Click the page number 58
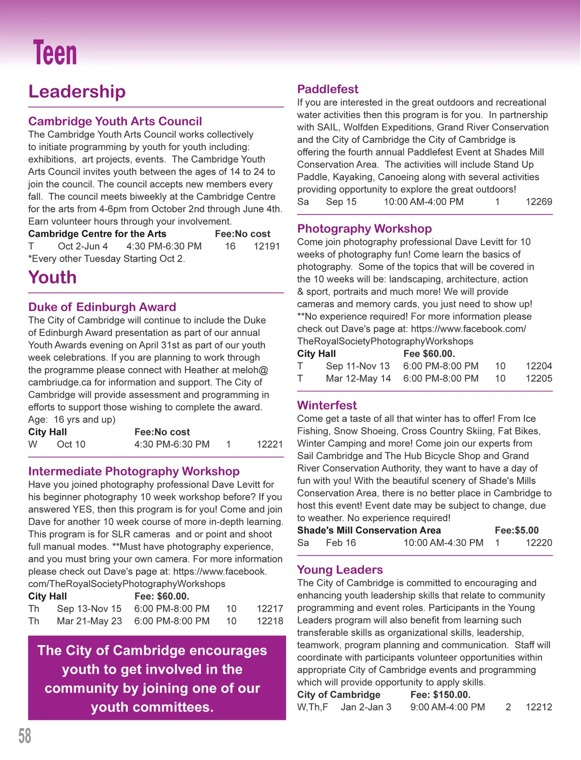tap(25, 735)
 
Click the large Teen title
tap(55, 53)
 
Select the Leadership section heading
tap(77, 92)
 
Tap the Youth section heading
tap(52, 278)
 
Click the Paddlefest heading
tap(328, 89)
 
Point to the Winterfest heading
tap(327, 405)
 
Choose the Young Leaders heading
tap(340, 570)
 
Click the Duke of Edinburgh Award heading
tap(102, 307)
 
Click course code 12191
tap(267, 246)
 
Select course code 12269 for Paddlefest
tap(539, 202)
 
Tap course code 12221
tap(270, 444)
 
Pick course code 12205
tap(539, 378)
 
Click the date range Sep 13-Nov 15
tap(89, 608)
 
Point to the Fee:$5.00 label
tap(517, 530)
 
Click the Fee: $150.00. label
tap(440, 695)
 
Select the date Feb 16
tap(341, 543)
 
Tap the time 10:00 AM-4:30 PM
tap(443, 543)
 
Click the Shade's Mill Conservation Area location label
tap(369, 530)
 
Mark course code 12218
tap(270, 621)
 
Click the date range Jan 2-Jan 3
tap(366, 707)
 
